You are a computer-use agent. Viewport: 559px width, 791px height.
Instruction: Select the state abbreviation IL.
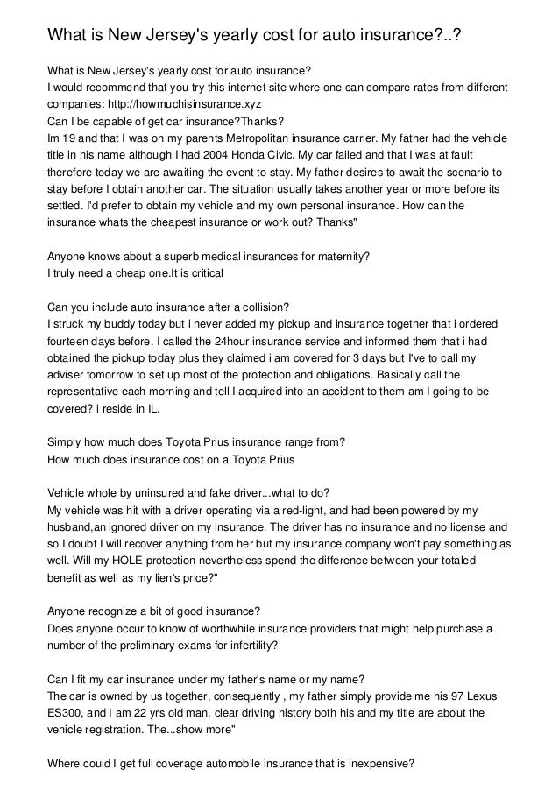tap(153, 402)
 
